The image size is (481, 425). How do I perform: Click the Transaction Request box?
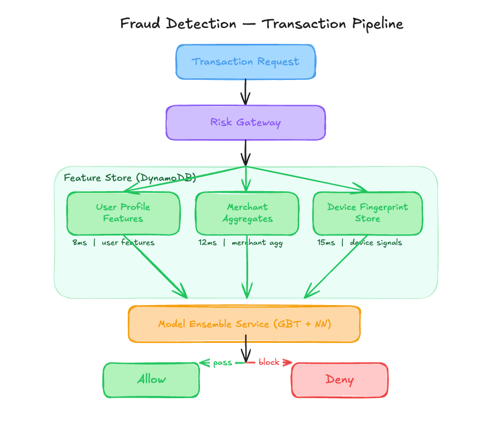tap(246, 62)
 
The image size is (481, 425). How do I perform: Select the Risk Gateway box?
tap(246, 123)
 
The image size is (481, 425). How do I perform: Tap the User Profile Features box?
tap(123, 213)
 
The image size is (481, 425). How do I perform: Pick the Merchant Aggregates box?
tap(247, 213)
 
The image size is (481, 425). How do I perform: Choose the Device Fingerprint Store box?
tap(368, 213)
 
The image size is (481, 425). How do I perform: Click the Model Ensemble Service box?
tap(244, 324)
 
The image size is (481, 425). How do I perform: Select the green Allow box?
tap(151, 380)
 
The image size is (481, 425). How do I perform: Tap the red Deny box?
tap(340, 380)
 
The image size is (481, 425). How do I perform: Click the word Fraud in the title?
tap(140, 24)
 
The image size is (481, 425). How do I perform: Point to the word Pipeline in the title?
tap(377, 24)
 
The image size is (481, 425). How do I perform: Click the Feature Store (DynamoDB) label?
tap(130, 178)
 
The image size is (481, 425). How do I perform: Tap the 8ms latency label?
tap(80, 243)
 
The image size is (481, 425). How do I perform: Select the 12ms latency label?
tap(208, 243)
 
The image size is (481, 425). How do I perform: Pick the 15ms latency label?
tap(326, 243)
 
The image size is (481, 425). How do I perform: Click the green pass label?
tap(223, 363)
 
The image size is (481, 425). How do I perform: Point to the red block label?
tap(269, 362)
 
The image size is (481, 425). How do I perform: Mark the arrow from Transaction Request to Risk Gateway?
tap(245, 92)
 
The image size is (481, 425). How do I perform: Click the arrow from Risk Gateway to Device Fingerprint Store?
tap(307, 180)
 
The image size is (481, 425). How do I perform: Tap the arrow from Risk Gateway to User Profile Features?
tap(185, 179)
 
